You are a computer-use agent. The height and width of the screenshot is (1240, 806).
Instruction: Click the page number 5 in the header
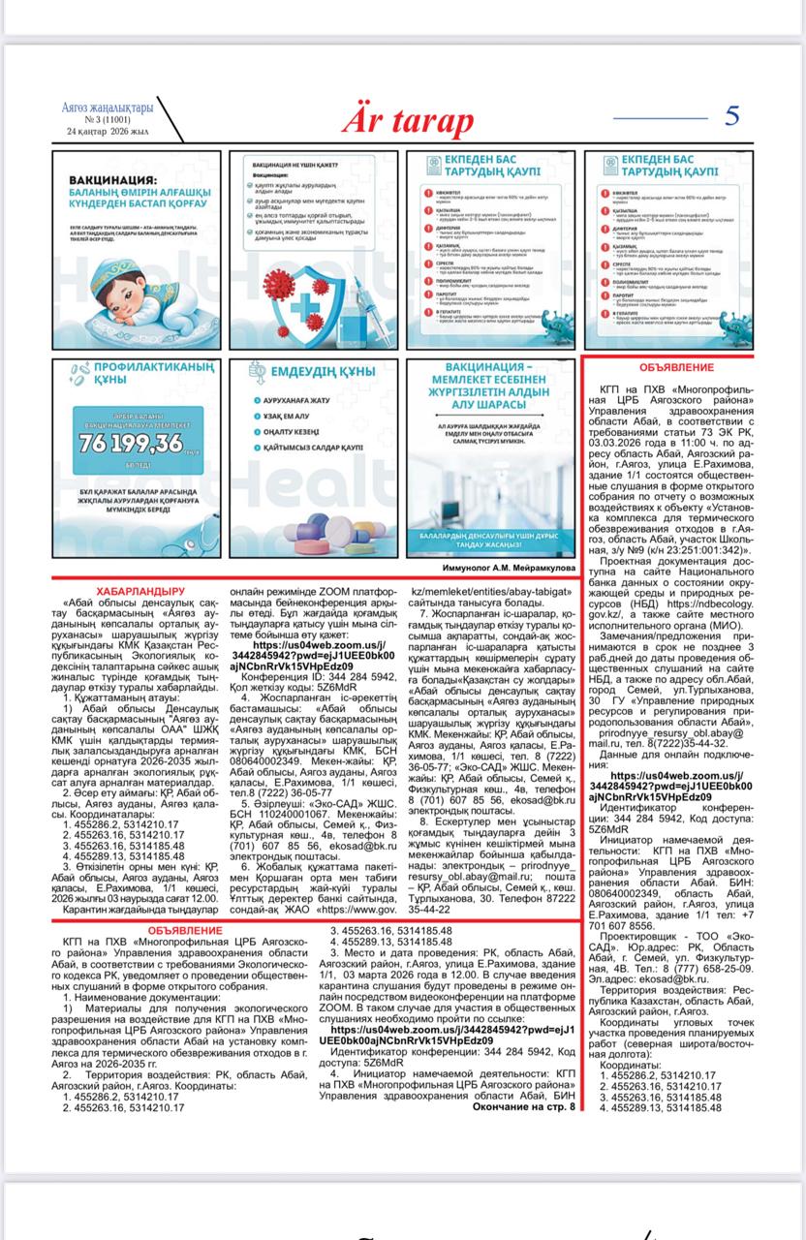[731, 115]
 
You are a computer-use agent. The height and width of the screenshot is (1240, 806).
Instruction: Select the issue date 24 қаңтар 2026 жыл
[108, 131]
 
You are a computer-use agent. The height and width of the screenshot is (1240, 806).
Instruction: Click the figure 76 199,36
[132, 443]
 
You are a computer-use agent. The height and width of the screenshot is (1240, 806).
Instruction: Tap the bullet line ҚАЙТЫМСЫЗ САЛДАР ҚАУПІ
[317, 447]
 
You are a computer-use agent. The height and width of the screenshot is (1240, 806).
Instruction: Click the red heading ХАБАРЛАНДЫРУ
[140, 590]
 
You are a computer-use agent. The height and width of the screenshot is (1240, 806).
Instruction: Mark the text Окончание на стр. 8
[523, 1106]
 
